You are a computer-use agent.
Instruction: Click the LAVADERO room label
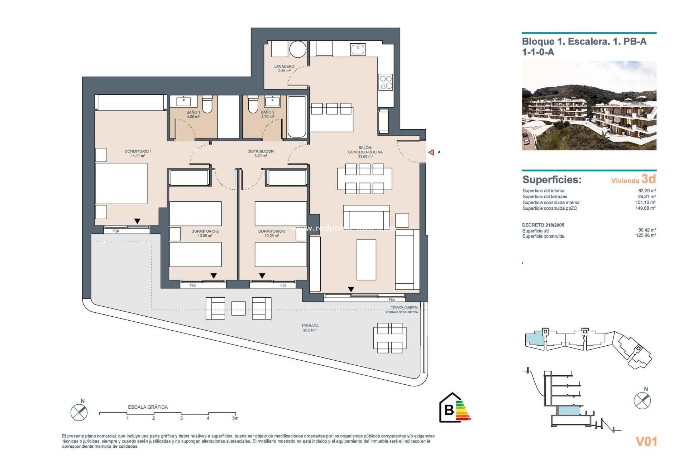coord(284,68)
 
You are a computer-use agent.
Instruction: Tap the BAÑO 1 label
coord(193,114)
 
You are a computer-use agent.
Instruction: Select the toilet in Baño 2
coord(253,104)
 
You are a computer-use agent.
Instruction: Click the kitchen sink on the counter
coord(358,49)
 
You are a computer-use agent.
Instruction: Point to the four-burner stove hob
coord(386,82)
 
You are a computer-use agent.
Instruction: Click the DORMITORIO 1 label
coord(138,153)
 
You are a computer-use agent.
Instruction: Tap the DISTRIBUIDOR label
coord(261,153)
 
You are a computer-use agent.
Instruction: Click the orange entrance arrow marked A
coord(431,152)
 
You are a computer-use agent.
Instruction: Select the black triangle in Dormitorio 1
coord(137,221)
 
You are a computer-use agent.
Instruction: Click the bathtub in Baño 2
coord(297,117)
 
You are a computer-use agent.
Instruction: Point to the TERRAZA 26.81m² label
coord(310,328)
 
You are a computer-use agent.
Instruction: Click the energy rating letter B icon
coord(449,409)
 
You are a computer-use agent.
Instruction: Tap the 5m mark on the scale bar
coord(235,418)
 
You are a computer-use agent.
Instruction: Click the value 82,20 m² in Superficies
coord(647,191)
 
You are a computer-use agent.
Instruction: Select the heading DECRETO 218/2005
coord(543,225)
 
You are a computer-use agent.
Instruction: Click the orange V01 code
coord(646,442)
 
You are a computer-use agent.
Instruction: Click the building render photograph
coord(589,106)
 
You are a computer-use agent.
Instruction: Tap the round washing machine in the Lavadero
coord(298,49)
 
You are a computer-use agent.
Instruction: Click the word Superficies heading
coord(551,180)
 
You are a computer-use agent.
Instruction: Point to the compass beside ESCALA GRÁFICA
coord(79,412)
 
